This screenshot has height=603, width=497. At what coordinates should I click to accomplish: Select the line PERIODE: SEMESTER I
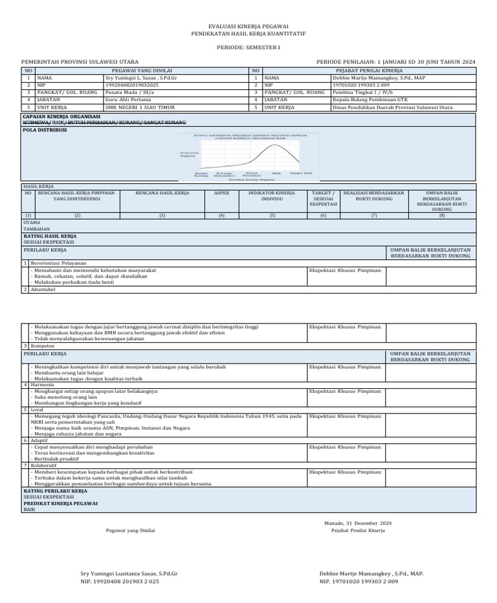click(248, 49)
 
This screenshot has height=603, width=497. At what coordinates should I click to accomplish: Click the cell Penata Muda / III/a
click(129, 93)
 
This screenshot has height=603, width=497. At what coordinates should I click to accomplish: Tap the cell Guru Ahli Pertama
click(129, 100)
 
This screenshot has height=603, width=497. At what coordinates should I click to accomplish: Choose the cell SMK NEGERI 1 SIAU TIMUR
click(140, 107)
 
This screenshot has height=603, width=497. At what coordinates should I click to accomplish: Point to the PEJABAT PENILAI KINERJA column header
click(368, 70)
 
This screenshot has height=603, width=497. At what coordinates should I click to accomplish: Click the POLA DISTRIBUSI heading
click(45, 129)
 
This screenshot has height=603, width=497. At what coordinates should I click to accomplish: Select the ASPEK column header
click(221, 193)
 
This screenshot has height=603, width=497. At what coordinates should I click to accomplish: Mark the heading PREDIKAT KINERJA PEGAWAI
click(60, 503)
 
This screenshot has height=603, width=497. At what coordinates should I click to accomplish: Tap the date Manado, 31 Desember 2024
click(358, 523)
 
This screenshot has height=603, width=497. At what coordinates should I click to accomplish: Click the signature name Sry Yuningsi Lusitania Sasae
click(129, 574)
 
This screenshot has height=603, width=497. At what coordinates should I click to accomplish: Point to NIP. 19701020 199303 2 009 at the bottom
click(359, 582)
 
